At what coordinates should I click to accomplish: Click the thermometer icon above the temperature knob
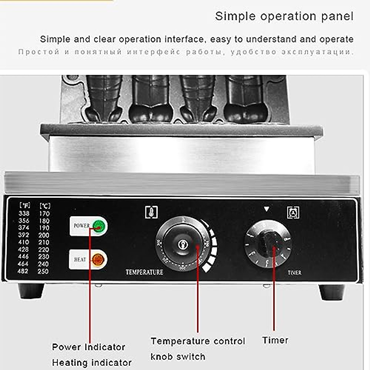coord(151,212)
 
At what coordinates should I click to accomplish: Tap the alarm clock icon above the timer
coord(293,212)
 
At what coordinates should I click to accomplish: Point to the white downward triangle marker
coord(267,209)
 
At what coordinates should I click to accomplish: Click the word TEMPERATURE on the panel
coord(144,272)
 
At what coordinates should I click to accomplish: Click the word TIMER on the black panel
coord(294,273)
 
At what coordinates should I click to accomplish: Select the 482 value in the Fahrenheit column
coord(23,271)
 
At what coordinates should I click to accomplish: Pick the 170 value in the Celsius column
coord(44,213)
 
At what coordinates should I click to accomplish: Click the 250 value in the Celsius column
coord(43,271)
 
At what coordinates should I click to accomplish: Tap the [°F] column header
coord(24,205)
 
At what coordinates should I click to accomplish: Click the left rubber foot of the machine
coord(31,291)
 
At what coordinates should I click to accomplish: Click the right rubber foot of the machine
coord(332,292)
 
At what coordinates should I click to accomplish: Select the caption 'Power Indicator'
coord(88,347)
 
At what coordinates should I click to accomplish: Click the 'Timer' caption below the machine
coord(275,340)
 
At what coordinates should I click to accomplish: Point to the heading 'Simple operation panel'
coord(284,16)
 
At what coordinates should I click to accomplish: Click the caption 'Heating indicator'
coord(92,363)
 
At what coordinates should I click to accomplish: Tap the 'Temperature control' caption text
coord(198,341)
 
